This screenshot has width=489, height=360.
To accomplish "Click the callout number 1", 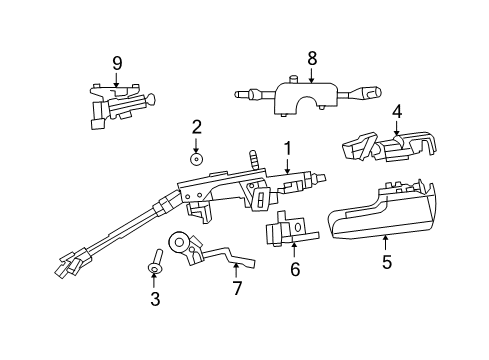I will pyautogui.click(x=287, y=148).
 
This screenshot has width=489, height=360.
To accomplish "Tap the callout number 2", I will pyautogui.click(x=197, y=126).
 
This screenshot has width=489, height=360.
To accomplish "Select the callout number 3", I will pyautogui.click(x=155, y=299).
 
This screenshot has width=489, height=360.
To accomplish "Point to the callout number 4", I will pyautogui.click(x=396, y=112).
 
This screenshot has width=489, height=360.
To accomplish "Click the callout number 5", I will pyautogui.click(x=386, y=263).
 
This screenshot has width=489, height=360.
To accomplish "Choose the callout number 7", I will pyautogui.click(x=237, y=289).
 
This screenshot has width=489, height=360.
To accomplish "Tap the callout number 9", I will pyautogui.click(x=117, y=63).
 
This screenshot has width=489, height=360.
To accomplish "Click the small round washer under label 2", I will pyautogui.click(x=197, y=157).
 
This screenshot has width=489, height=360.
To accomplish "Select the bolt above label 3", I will pyautogui.click(x=156, y=262).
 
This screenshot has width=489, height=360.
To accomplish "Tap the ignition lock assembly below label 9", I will pyautogui.click(x=119, y=104).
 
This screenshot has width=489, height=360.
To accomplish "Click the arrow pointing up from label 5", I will pyautogui.click(x=386, y=242).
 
